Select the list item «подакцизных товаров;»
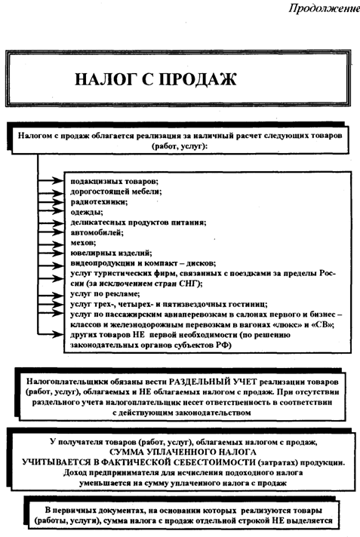click(113, 182)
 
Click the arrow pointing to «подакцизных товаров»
click(53, 182)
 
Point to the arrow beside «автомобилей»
click(53, 235)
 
